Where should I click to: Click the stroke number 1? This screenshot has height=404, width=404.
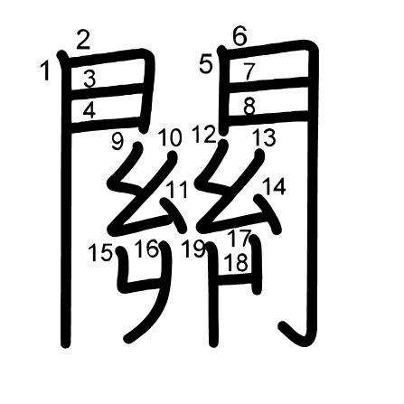click(45, 70)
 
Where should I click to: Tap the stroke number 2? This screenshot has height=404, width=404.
click(83, 41)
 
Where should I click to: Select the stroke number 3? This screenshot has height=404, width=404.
click(89, 79)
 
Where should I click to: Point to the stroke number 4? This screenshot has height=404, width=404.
click(89, 110)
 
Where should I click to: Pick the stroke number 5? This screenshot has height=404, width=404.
click(206, 65)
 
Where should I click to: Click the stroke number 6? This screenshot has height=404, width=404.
click(240, 36)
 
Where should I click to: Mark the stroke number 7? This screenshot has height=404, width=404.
click(249, 72)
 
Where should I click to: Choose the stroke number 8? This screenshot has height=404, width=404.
click(249, 107)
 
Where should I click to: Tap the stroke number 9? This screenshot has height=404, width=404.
click(117, 141)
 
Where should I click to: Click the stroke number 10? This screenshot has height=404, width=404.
click(170, 137)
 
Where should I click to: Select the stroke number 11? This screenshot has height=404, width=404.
click(177, 190)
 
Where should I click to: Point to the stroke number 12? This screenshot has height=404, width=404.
click(205, 135)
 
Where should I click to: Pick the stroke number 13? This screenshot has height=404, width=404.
click(264, 137)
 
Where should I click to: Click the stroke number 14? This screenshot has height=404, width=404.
click(274, 186)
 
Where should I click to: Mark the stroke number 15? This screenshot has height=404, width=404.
click(100, 253)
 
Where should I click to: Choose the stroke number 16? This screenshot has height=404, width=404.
click(146, 249)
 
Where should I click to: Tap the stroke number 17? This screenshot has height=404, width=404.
click(240, 238)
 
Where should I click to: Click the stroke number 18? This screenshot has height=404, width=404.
click(237, 262)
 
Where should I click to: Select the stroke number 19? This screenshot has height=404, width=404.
click(194, 249)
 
